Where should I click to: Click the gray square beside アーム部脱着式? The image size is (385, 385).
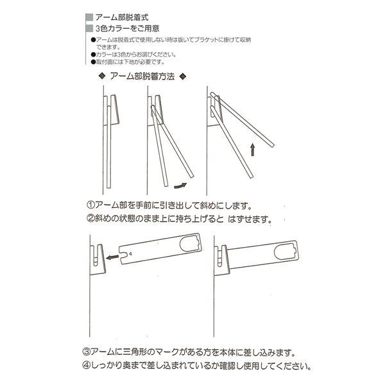tap(89, 17)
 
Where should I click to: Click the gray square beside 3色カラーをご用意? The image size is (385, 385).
tap(89, 28)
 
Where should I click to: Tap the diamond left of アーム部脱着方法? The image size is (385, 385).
tap(102, 76)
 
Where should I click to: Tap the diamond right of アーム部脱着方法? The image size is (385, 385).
tap(183, 76)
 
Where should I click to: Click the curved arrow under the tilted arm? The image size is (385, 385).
tap(180, 186)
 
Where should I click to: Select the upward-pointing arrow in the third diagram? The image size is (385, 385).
tap(252, 150)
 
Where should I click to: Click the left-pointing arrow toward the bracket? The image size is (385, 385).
tap(112, 257)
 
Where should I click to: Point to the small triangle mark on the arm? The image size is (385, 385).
tap(131, 253)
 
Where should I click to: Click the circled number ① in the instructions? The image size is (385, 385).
tap(91, 205)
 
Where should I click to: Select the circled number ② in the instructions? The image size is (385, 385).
tap(91, 218)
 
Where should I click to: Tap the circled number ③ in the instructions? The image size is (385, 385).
tap(86, 352)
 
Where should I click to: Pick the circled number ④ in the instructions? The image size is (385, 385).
tap(86, 366)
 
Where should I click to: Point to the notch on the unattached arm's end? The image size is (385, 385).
tap(124, 256)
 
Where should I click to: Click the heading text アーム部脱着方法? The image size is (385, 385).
tap(142, 76)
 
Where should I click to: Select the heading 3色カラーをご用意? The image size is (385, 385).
tap(128, 28)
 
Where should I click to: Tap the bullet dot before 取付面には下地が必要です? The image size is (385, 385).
tap(93, 62)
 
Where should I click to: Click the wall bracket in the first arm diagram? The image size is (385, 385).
tap(112, 110)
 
